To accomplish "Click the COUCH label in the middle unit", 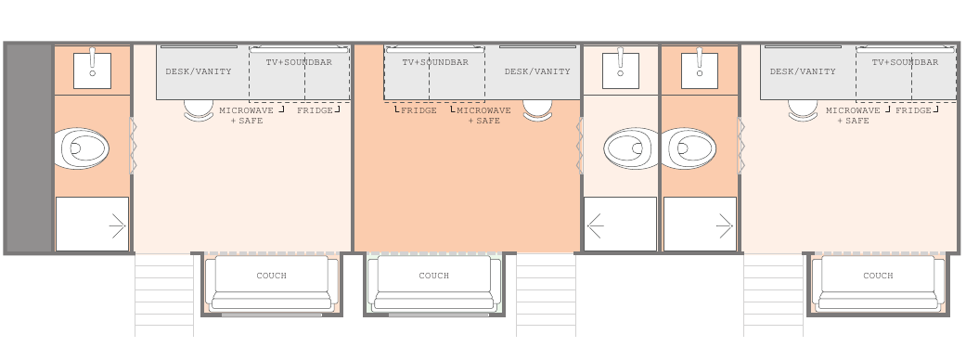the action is [x=433, y=276].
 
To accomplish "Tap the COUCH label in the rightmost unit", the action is [x=878, y=276].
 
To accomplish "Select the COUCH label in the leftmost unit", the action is [x=272, y=276].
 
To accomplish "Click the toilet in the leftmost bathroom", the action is [x=82, y=148].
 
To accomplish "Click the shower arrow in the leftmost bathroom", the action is [x=117, y=226].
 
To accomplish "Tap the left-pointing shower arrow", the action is [x=595, y=225].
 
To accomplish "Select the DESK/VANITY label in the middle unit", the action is [x=537, y=71].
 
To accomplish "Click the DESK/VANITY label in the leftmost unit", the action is [x=199, y=71].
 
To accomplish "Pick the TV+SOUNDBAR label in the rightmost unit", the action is [x=905, y=62].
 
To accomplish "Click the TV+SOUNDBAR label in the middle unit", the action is [x=435, y=62].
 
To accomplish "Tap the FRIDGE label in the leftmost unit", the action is [x=315, y=110].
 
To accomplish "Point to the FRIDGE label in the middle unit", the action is [x=419, y=110].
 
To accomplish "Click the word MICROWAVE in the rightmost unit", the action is [x=853, y=110].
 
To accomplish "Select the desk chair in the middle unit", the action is [x=538, y=110].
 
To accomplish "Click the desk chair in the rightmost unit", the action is [x=804, y=110].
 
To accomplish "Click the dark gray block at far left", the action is [x=29, y=148].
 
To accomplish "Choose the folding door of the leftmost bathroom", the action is [x=133, y=146].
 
